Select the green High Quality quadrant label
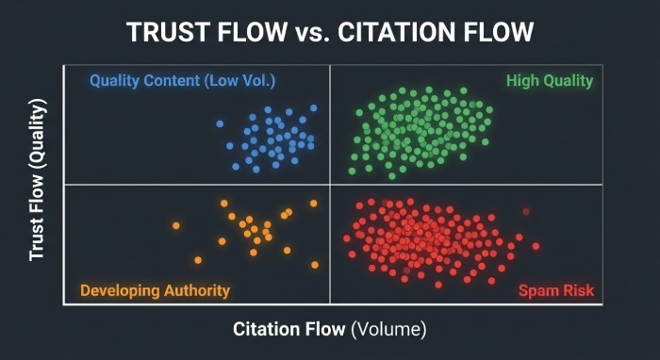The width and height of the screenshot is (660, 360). (550, 81)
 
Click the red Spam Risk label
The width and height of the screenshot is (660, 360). (556, 290)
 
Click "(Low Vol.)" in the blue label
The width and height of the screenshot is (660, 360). (239, 81)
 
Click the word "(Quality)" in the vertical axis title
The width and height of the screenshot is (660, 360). (38, 132)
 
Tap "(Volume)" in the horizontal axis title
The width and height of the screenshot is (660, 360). (388, 329)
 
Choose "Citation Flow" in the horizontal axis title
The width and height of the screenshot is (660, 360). (289, 329)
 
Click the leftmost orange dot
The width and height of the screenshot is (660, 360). (176, 225)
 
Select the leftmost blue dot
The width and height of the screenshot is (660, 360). (220, 123)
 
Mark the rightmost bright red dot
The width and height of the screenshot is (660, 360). (536, 246)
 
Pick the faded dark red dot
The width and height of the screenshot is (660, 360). (526, 211)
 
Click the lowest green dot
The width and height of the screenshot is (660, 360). (392, 176)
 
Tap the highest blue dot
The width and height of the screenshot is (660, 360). (314, 108)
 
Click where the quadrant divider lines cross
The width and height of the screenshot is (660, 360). (330, 184)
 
